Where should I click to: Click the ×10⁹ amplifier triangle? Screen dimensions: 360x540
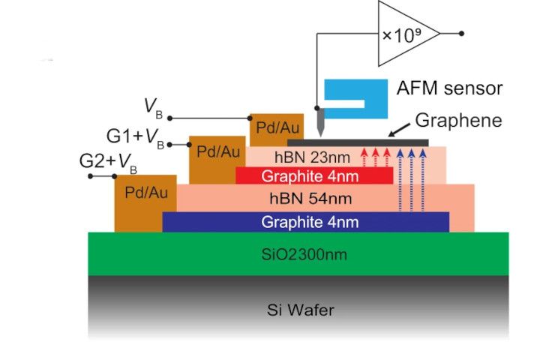click(405, 33)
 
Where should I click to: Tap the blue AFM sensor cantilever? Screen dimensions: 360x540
click(352, 89)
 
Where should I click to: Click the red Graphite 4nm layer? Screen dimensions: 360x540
click(314, 176)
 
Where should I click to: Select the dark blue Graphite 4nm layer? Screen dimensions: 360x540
click(305, 221)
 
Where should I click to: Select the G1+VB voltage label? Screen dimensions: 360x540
click(135, 138)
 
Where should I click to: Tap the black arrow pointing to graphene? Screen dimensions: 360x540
click(400, 131)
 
